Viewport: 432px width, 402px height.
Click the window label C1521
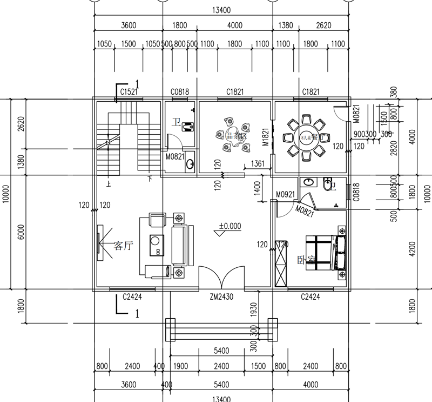128,92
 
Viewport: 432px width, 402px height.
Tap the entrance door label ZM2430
221,296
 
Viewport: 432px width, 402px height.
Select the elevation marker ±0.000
230,226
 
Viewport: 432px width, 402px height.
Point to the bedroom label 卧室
306,259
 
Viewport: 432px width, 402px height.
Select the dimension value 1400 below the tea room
258,188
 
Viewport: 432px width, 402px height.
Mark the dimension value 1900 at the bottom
181,366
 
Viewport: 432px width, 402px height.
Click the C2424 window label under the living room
132,296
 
